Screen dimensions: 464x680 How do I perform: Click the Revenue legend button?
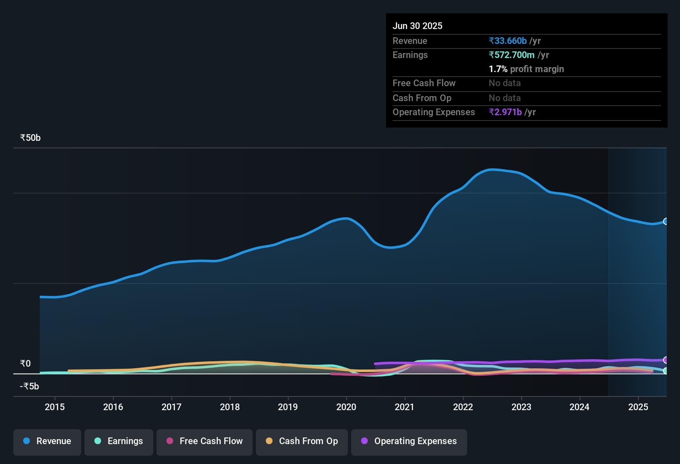(47, 441)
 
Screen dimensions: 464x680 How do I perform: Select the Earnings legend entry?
(119, 441)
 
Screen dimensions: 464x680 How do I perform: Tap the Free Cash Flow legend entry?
(205, 441)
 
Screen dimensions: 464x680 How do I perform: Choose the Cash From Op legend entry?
(302, 441)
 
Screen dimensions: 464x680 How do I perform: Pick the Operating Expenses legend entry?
(409, 441)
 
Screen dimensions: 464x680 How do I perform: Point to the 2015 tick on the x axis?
(55, 407)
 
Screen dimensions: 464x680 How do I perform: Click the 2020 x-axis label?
(346, 407)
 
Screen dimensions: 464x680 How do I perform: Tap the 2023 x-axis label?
(521, 407)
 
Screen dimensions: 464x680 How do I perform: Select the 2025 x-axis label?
(638, 407)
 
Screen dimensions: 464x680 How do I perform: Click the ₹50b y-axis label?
(30, 138)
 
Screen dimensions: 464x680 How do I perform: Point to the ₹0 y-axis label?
(25, 364)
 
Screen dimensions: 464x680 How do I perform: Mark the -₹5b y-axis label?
(29, 387)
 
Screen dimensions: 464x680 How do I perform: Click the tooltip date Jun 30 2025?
(417, 26)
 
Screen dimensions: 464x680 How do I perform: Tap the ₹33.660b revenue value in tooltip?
(508, 41)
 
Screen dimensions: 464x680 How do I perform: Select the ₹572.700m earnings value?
(511, 55)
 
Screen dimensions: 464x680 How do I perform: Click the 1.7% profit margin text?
(526, 69)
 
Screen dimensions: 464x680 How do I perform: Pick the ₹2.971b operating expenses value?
(505, 112)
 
